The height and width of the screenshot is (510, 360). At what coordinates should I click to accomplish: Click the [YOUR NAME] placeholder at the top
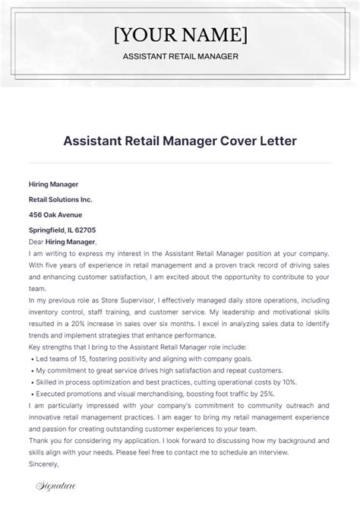click(x=179, y=34)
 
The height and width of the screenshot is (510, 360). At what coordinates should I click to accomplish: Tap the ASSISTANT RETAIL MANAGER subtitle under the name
click(x=179, y=56)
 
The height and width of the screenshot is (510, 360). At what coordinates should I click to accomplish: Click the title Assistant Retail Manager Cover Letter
click(x=179, y=142)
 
